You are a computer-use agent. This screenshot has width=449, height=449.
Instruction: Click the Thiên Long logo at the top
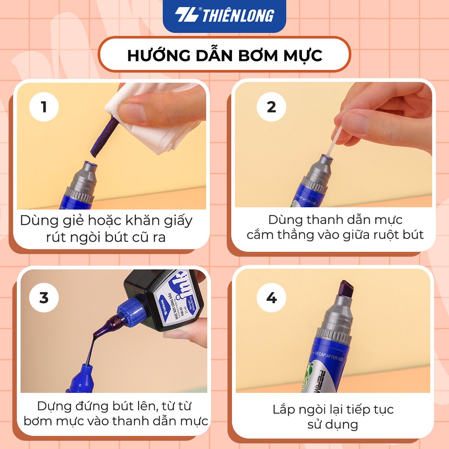pyautogui.click(x=224, y=15)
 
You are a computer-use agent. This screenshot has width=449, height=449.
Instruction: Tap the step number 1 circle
pyautogui.click(x=44, y=107)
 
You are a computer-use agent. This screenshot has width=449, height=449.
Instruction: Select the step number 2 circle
pyautogui.click(x=271, y=107)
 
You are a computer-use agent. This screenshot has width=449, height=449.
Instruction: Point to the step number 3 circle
pyautogui.click(x=44, y=298)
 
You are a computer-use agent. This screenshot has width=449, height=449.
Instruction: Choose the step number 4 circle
pyautogui.click(x=271, y=298)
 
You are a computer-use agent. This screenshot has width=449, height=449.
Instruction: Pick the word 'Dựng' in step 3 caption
pyautogui.click(x=54, y=406)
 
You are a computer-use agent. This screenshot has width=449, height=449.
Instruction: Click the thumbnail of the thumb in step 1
pyautogui.click(x=133, y=112)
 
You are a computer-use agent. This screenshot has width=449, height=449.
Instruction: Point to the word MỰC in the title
pyautogui.click(x=303, y=55)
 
